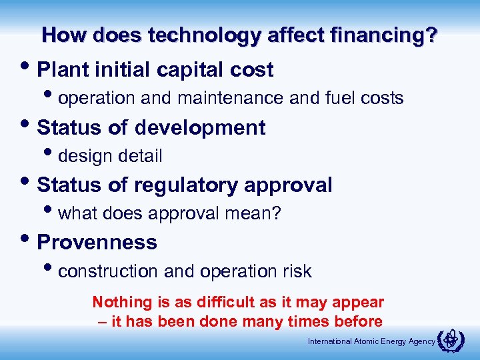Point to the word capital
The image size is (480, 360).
pyautogui.click(x=191, y=70)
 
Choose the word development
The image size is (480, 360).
pyautogui.click(x=200, y=127)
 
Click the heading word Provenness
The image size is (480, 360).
pyautogui.click(x=97, y=242)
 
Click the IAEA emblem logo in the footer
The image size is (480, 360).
pyautogui.click(x=450, y=340)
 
